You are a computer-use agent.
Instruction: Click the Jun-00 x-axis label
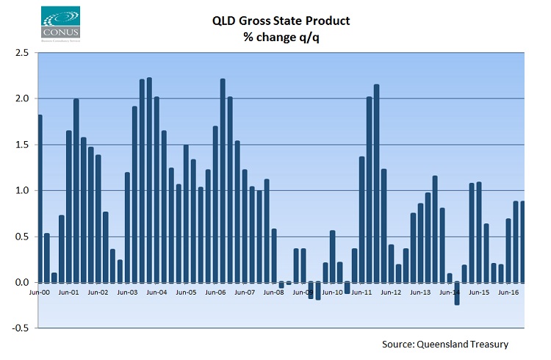point(39,292)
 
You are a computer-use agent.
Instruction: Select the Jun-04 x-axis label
point(156,292)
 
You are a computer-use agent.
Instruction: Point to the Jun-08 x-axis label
point(273,292)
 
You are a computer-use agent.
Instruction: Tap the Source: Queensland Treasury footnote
point(445,344)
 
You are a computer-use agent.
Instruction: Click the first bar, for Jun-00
point(40,198)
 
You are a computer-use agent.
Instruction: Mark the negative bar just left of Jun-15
point(457,293)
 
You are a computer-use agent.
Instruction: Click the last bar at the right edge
point(522,242)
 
